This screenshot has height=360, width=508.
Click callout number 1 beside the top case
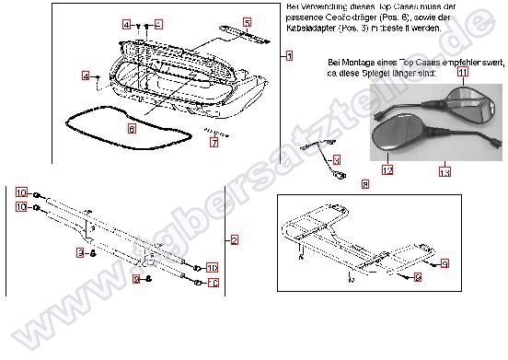288,56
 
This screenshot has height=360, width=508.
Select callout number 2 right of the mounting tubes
234,241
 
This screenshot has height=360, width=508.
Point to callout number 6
132,129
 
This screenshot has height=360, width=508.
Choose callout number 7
214,143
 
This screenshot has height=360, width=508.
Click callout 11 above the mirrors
462,71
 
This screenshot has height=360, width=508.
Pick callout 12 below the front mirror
387,170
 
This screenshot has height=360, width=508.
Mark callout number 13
444,172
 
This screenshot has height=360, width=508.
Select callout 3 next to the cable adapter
335,159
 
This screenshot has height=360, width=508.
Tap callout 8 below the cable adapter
365,184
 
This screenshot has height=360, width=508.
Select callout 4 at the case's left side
86,76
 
